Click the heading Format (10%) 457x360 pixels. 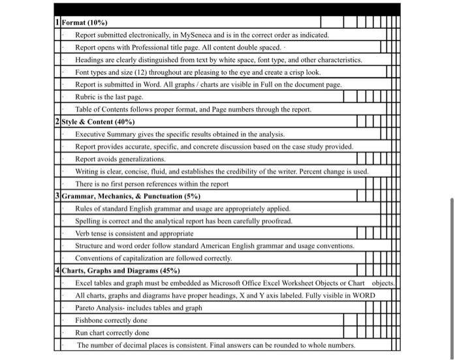(x=85, y=22)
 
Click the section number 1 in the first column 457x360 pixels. (x=57, y=22)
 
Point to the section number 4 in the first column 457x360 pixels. (x=57, y=270)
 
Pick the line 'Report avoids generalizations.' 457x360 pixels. (x=120, y=158)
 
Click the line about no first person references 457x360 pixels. (x=151, y=183)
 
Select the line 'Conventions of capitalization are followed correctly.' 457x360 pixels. (x=153, y=258)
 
